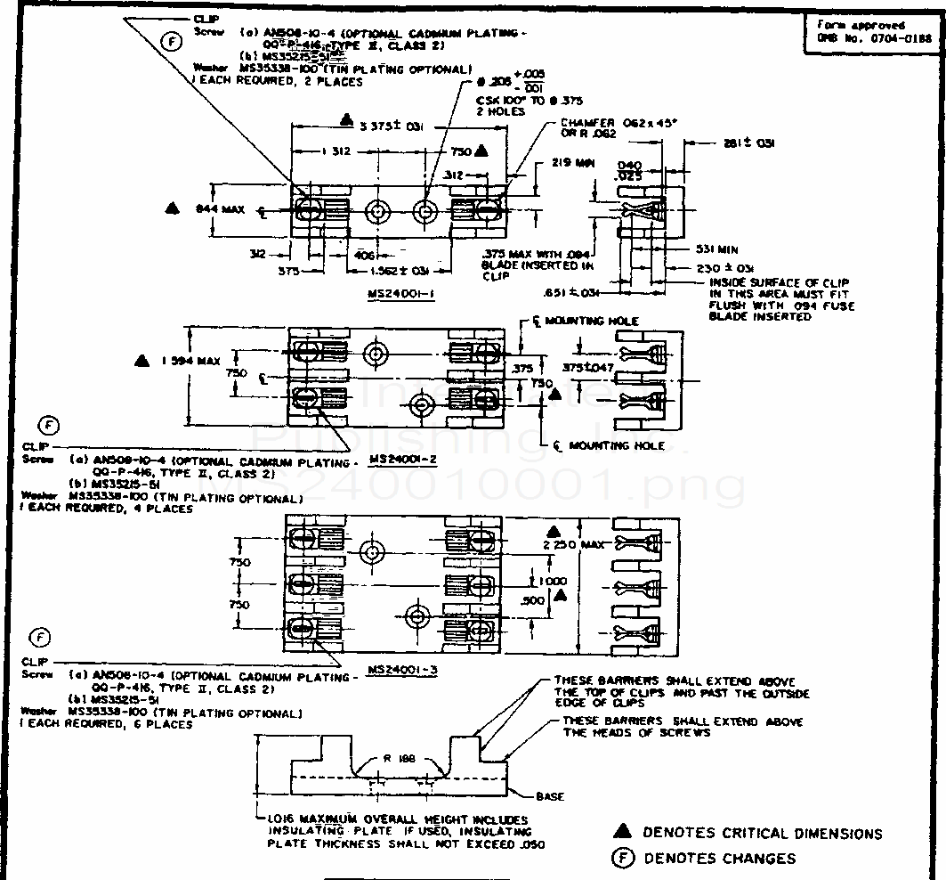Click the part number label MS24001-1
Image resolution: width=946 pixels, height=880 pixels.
coord(400,294)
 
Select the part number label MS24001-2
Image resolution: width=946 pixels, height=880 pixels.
coord(401,458)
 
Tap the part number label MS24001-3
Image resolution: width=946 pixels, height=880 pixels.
coord(402,670)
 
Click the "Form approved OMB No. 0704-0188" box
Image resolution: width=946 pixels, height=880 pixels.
coord(874,32)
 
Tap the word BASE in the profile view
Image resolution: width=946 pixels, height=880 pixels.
coord(549,796)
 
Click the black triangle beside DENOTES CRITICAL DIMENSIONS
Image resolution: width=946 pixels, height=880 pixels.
coord(623,832)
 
